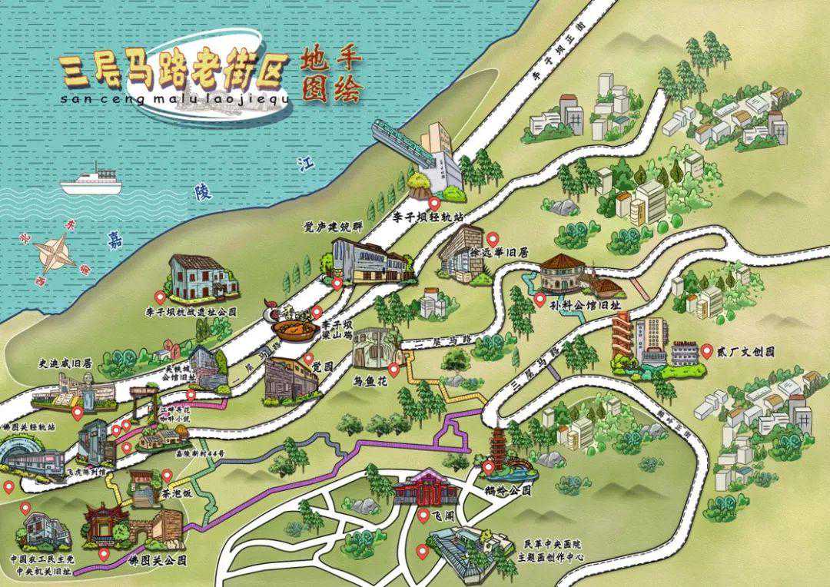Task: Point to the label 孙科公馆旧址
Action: (584, 305)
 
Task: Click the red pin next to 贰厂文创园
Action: (706, 352)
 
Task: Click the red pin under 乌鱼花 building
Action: (393, 370)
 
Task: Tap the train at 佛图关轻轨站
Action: (35, 460)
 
